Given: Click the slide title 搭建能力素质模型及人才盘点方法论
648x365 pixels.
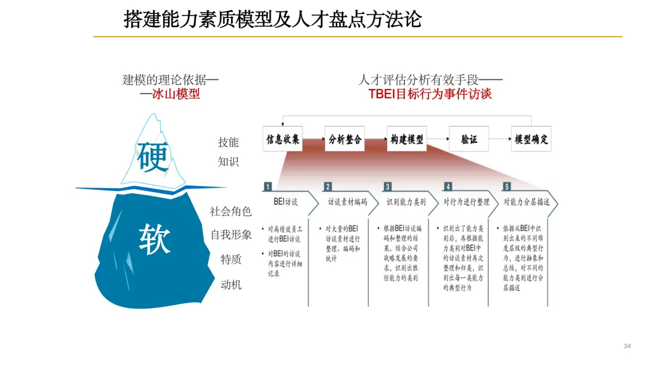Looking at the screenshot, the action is coord(272,19).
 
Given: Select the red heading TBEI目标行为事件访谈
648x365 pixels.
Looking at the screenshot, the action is coord(430,94).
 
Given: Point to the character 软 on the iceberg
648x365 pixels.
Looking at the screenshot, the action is coord(155,239).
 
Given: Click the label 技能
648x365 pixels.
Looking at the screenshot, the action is coord(228,142).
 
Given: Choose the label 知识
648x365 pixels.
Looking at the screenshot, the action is coord(228,161).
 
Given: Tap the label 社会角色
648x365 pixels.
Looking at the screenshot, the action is coord(230,211).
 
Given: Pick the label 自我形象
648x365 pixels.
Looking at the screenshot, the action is coord(231,235).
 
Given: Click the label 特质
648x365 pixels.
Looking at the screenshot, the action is coord(231,259).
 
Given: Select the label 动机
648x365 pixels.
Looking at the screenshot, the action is coord(231,285).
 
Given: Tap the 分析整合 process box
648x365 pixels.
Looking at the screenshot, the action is coord(345,139).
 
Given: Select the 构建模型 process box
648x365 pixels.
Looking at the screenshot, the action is coord(407,139).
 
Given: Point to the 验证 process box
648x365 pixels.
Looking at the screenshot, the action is coord(469,139).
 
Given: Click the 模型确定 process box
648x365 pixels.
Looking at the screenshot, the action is coord(531,139).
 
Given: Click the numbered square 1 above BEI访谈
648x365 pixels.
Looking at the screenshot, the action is coord(268,187).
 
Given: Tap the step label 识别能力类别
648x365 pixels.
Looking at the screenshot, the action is coord(406,202).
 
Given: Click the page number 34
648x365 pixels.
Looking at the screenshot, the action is coord(628,346).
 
